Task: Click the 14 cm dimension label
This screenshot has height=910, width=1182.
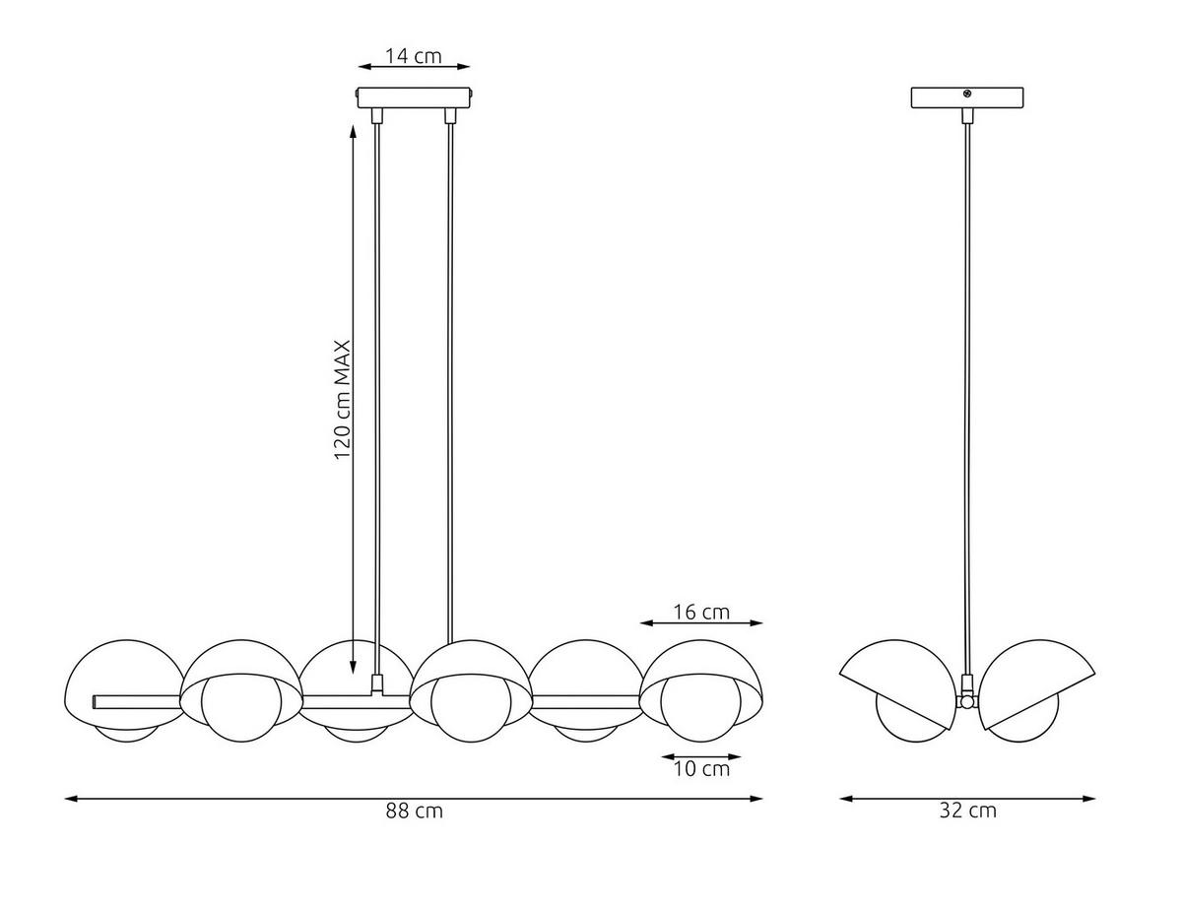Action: click(x=414, y=55)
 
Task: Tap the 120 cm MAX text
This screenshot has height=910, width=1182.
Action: click(x=343, y=400)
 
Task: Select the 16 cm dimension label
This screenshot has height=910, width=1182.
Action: click(x=701, y=612)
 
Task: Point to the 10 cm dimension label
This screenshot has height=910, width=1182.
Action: click(x=701, y=768)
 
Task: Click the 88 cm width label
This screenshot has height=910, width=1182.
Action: click(x=415, y=812)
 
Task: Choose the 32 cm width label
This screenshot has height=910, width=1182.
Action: click(x=968, y=812)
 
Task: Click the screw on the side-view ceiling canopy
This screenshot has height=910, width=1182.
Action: click(x=968, y=95)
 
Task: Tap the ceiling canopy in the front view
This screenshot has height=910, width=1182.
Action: click(x=414, y=97)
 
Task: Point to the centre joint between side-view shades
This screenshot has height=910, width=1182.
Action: click(x=967, y=701)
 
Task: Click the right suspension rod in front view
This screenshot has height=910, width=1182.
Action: click(x=450, y=374)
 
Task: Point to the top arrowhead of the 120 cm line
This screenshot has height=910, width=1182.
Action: click(x=353, y=131)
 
